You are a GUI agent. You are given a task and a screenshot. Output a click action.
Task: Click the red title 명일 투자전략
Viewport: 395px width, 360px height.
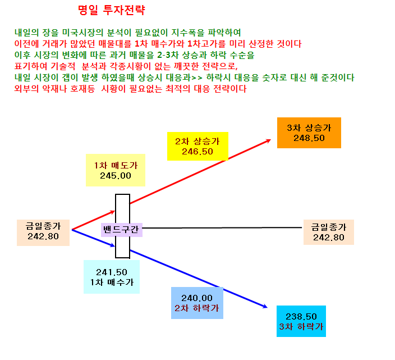pos(111,10)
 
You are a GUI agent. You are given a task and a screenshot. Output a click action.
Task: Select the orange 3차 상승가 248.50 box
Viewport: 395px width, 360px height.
pos(309,133)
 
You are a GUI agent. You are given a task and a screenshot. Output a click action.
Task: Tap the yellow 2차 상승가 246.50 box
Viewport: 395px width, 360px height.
pos(197,146)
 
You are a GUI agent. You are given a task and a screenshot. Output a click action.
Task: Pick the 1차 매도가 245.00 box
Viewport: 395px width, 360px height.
pos(116,170)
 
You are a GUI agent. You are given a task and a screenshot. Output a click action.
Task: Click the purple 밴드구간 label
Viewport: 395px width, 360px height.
pos(121,230)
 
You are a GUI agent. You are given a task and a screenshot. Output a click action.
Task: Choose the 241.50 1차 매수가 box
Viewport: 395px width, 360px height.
pos(112,277)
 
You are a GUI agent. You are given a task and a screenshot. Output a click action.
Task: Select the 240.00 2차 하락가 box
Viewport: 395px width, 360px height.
pos(197,303)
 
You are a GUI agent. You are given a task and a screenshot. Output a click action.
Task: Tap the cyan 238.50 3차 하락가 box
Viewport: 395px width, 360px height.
pos(301,321)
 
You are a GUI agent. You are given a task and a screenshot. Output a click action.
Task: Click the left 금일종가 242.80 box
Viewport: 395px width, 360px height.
pos(43,233)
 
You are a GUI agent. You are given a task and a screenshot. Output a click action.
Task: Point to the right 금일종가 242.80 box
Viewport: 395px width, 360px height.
pos(328,232)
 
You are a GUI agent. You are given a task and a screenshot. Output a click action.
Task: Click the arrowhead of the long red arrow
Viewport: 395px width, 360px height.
pos(269,140)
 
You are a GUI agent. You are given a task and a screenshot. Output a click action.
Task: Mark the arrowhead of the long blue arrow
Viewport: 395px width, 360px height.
pos(265,306)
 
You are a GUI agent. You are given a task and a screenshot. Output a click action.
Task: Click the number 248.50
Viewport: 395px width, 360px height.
pos(309,138)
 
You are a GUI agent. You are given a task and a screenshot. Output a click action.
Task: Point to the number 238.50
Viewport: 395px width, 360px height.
pos(301,317)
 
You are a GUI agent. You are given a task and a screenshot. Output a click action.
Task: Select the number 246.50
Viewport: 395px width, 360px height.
pos(197,152)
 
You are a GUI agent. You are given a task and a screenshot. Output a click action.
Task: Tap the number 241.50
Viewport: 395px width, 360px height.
pos(112,272)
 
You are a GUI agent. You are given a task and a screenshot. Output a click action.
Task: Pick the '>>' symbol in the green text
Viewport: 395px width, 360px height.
pos(197,78)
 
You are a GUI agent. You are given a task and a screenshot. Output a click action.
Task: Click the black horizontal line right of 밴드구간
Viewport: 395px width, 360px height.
pos(222,227)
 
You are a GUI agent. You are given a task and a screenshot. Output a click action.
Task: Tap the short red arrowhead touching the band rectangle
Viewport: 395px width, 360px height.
pos(112,212)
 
